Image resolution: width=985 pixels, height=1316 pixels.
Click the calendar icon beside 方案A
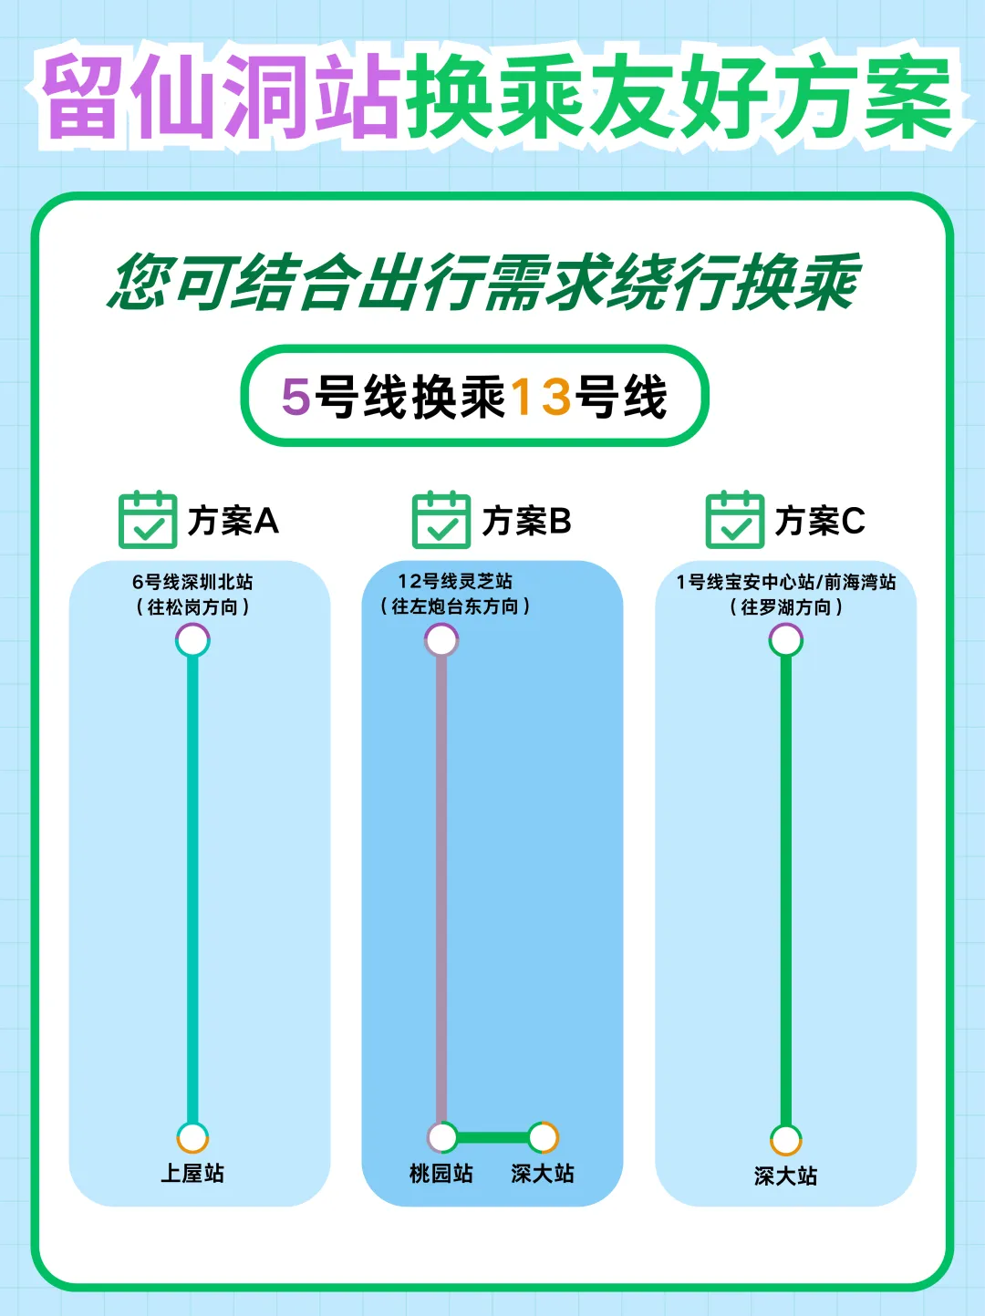148,520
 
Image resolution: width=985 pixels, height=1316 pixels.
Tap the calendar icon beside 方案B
441,520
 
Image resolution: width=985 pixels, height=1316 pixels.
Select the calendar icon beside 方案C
735,520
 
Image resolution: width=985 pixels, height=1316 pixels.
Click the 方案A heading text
233,521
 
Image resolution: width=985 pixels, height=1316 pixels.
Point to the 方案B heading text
526,521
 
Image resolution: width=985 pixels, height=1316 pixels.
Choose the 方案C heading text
820,521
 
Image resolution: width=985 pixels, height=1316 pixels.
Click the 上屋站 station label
192,1173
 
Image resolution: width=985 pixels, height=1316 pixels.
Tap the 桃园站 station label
441,1173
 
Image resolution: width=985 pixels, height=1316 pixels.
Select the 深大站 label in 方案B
543,1173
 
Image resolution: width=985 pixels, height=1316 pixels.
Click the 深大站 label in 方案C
785,1176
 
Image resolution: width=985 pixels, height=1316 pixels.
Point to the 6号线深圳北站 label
192,582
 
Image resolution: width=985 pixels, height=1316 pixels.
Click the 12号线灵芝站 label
455,581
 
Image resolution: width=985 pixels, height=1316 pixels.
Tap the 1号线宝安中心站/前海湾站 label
785,582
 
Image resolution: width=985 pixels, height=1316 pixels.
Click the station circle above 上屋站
192,1138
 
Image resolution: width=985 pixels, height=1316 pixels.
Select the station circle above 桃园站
442,1137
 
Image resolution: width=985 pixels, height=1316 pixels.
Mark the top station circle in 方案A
192,641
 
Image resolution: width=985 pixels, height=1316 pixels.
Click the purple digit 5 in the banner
295,397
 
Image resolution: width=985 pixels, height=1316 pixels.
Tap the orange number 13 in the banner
541,397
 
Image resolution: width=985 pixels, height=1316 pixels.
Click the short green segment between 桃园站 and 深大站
493,1137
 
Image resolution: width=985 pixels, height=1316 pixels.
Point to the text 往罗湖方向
785,607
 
